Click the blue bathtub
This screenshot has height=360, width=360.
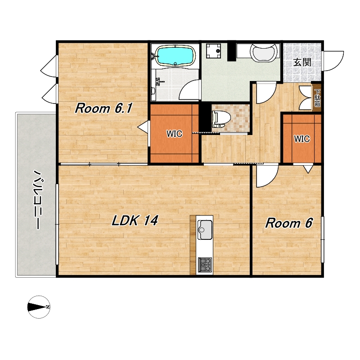(x=175, y=55)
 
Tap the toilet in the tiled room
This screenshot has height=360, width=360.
(x=221, y=119)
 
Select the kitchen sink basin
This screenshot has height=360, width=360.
(x=205, y=229)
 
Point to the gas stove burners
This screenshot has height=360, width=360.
(x=205, y=265)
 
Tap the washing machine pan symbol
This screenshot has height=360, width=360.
(x=213, y=51)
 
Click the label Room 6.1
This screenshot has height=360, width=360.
(x=103, y=108)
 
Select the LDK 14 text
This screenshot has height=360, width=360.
(x=135, y=220)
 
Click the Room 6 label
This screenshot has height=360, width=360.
(x=289, y=223)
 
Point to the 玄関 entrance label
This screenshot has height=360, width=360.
(x=302, y=62)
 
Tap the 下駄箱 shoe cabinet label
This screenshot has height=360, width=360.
(x=317, y=98)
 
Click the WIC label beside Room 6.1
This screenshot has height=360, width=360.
(x=174, y=134)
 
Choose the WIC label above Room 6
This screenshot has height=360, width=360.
(x=302, y=139)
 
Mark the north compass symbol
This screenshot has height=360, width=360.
(x=39, y=307)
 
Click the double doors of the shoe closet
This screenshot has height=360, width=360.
(x=305, y=98)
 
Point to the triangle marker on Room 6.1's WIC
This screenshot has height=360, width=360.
(x=143, y=126)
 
